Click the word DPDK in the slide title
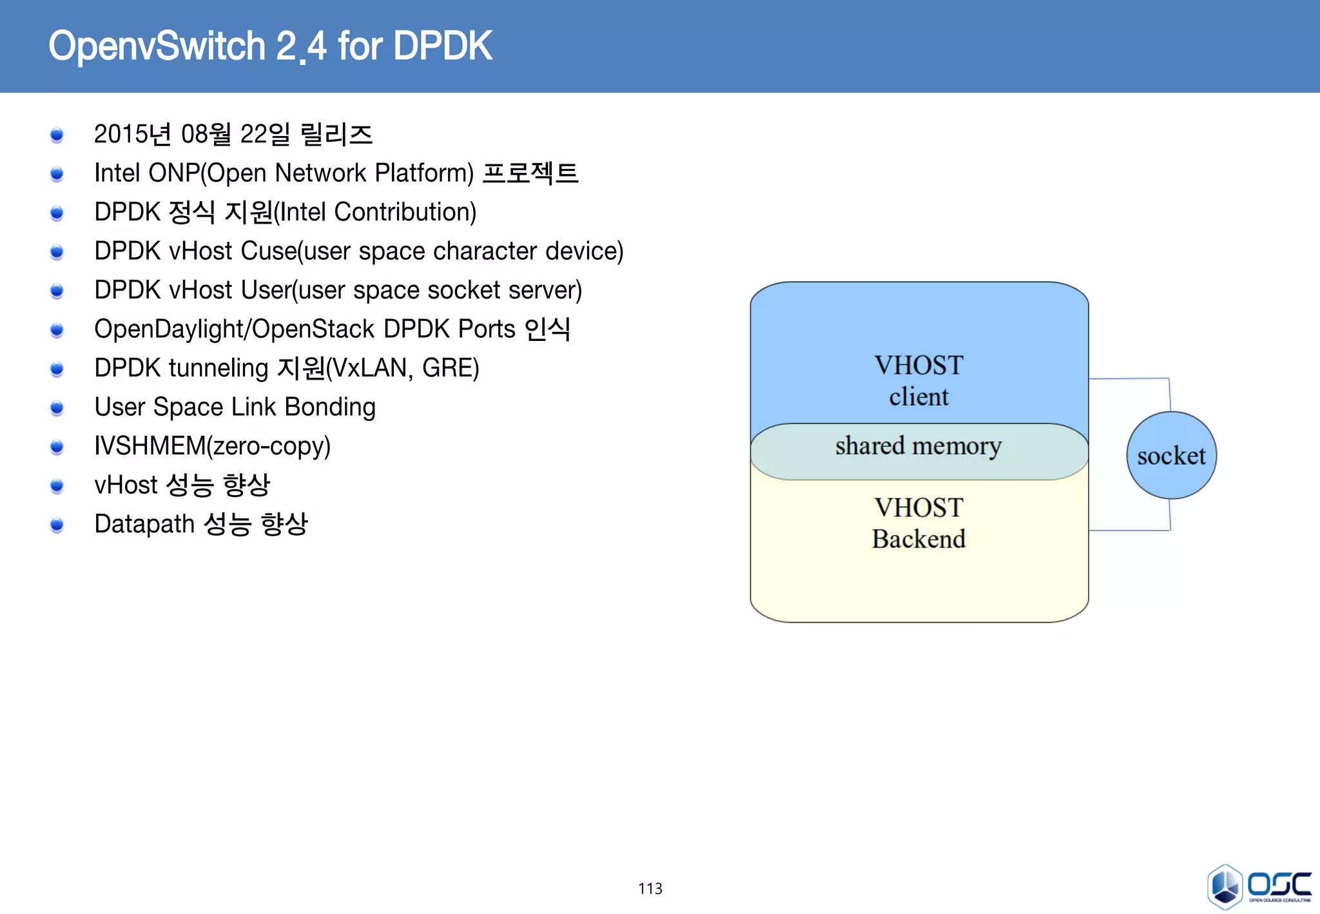(443, 46)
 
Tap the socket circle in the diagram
(1171, 456)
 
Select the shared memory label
(918, 446)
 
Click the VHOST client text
(918, 381)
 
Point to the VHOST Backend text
(918, 523)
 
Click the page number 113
(650, 888)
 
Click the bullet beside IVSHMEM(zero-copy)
(57, 447)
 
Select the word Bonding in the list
(330, 407)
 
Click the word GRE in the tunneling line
(447, 368)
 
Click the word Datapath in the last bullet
(144, 524)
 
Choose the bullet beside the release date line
(57, 135)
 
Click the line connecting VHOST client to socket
(1129, 379)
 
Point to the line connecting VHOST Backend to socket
(1129, 530)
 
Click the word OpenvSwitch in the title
(157, 46)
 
